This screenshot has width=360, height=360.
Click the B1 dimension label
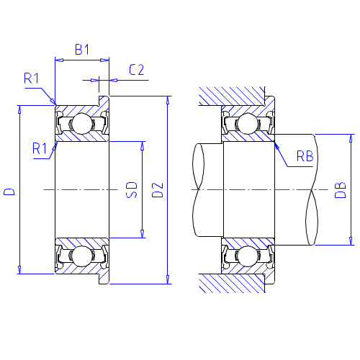tap(82, 50)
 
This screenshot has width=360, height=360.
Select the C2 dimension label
tap(137, 70)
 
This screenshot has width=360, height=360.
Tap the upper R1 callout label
tap(31, 78)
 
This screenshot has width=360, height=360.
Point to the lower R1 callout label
tap(40, 148)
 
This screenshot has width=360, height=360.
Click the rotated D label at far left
tap(9, 192)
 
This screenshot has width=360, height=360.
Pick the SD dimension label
tap(132, 190)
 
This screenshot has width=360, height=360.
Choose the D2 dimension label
tap(158, 190)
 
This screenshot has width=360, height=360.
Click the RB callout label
tap(305, 156)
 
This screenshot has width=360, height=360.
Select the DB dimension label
tap(341, 190)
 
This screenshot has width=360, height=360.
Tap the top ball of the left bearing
tap(82, 124)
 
